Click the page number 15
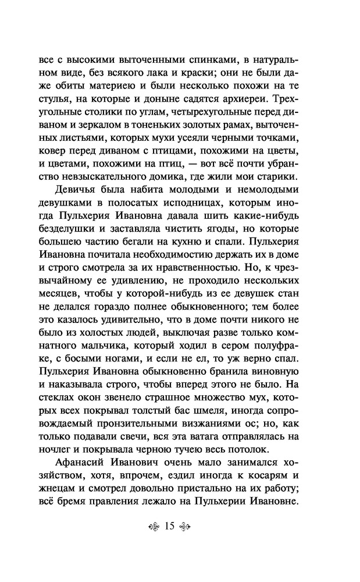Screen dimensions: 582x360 (x=170, y=527)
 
